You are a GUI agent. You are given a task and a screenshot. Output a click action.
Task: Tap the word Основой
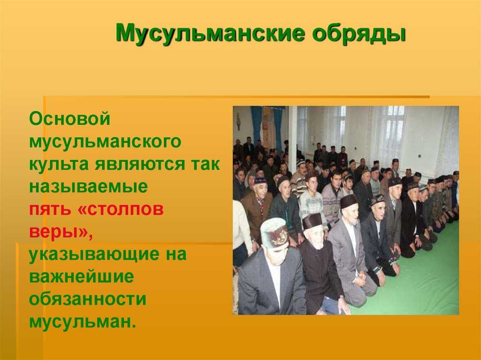(70, 118)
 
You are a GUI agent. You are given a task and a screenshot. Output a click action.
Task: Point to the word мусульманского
(105, 142)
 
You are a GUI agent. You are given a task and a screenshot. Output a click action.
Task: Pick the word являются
(139, 165)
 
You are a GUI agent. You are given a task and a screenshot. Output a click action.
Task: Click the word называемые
(88, 187)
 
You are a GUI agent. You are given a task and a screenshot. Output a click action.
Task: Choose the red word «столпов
(121, 209)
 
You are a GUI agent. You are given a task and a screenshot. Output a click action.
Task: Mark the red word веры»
(61, 232)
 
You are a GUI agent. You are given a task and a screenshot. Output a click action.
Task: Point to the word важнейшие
(82, 276)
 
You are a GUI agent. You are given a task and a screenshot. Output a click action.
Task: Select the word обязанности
(88, 299)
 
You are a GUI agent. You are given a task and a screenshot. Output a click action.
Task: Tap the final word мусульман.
(83, 322)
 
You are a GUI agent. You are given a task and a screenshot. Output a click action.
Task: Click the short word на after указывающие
(173, 255)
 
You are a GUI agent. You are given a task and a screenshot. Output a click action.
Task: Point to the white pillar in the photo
(292, 135)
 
